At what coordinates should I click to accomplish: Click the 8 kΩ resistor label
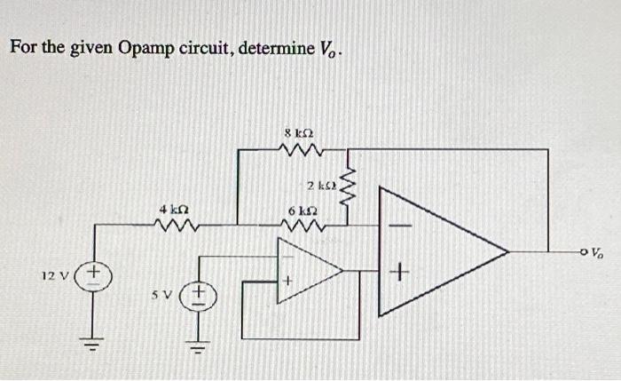click(300, 134)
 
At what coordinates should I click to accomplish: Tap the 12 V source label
click(55, 275)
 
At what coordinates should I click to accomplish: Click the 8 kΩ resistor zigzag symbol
click(300, 152)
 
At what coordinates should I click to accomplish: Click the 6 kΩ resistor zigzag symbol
click(300, 228)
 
